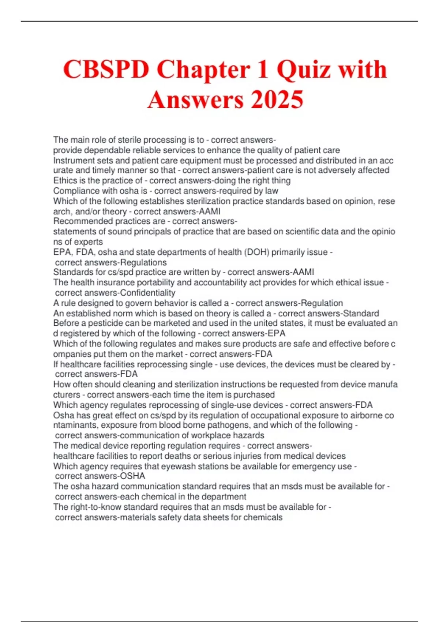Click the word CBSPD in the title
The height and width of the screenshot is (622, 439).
pos(106,70)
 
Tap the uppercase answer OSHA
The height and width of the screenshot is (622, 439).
pos(132,476)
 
